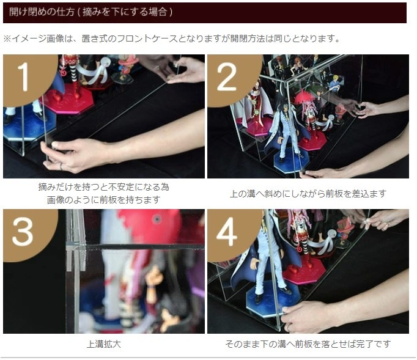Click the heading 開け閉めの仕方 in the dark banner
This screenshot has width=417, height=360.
[x=42, y=12]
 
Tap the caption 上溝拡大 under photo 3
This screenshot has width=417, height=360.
[x=104, y=344]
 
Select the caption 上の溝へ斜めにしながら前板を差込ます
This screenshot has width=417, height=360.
[x=308, y=194]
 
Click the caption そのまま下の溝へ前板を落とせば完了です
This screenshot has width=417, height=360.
[x=308, y=343]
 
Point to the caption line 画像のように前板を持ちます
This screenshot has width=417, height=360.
[x=104, y=199]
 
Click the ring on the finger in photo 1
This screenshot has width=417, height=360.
[x=61, y=167]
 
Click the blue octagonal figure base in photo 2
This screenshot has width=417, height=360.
[x=291, y=161]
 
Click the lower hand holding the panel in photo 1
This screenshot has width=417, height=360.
[x=75, y=154]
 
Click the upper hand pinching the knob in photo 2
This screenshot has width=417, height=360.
[x=368, y=109]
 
